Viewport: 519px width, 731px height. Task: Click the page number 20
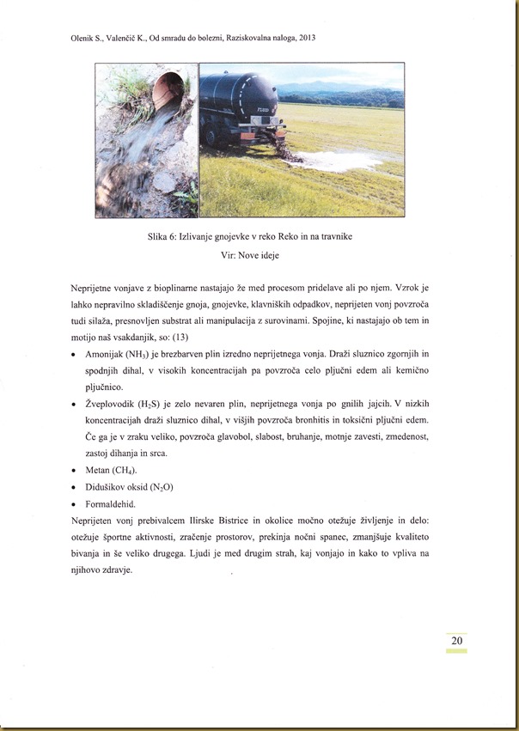tap(456, 641)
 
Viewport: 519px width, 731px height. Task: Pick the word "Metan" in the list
tap(101, 470)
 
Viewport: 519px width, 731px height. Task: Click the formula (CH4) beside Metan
tap(133, 470)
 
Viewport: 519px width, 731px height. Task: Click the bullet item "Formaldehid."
tap(114, 503)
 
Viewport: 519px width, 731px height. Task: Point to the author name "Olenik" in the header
tap(83, 39)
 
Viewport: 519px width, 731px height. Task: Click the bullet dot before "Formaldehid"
tap(76, 504)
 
